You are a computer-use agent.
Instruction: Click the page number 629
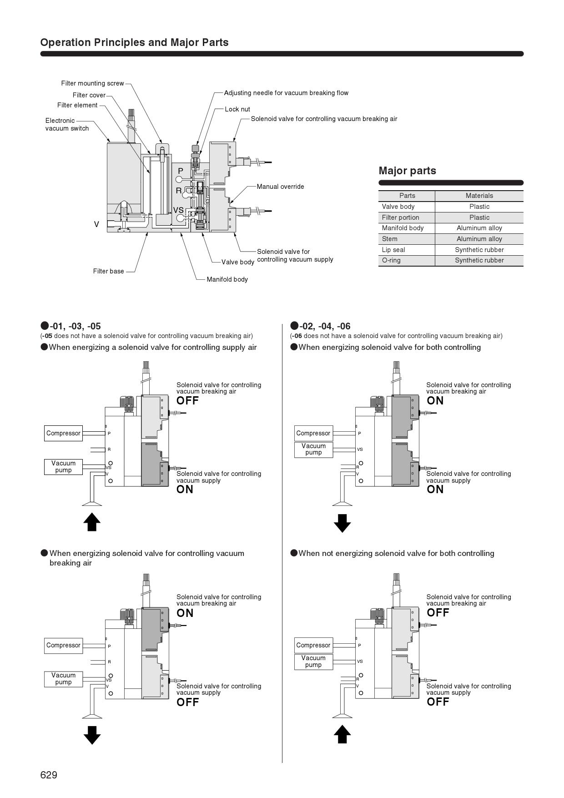[49, 775]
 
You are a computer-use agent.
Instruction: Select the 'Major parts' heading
[407, 171]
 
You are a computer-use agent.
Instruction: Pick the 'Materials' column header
[479, 196]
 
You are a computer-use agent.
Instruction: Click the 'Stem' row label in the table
[390, 239]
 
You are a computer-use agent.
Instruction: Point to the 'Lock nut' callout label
[237, 109]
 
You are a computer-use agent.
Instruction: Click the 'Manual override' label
[280, 187]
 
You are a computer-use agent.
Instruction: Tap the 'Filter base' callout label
[108, 271]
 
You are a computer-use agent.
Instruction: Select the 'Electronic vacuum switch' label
[67, 124]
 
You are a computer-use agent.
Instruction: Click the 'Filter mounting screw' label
[92, 83]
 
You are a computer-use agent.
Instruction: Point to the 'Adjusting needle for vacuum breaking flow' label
[286, 93]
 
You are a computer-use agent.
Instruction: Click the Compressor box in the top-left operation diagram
[63, 433]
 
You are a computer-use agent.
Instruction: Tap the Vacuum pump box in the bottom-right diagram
[313, 662]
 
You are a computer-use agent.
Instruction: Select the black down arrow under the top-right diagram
[342, 523]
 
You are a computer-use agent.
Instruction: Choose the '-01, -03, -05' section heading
[75, 326]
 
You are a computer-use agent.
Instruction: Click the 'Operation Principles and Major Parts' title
[134, 42]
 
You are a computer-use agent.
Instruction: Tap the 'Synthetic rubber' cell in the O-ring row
[479, 260]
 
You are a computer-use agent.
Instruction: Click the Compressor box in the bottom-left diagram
[63, 645]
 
